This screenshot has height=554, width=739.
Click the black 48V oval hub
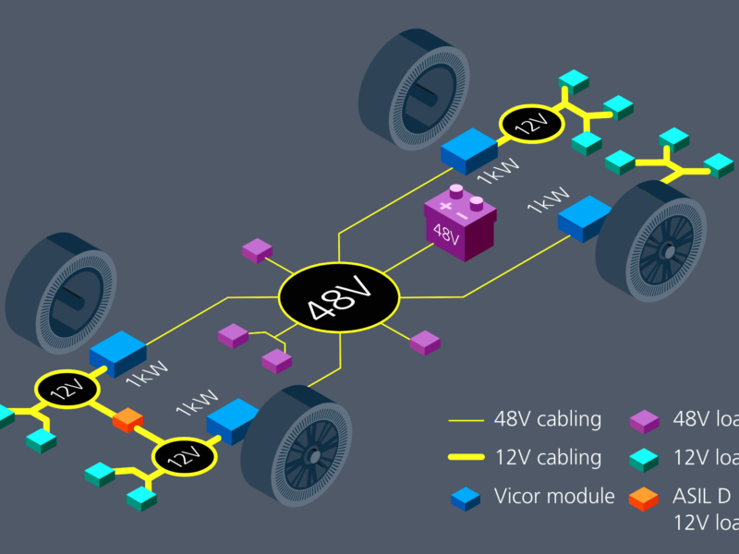(339, 297)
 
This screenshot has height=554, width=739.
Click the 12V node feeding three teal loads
(531, 124)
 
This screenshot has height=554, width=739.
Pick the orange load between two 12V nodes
(127, 420)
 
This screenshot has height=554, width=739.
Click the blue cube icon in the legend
(465, 499)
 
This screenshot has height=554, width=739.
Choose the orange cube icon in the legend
(645, 499)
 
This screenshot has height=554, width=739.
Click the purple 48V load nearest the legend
(424, 342)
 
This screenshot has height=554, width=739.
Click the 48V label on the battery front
(446, 235)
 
